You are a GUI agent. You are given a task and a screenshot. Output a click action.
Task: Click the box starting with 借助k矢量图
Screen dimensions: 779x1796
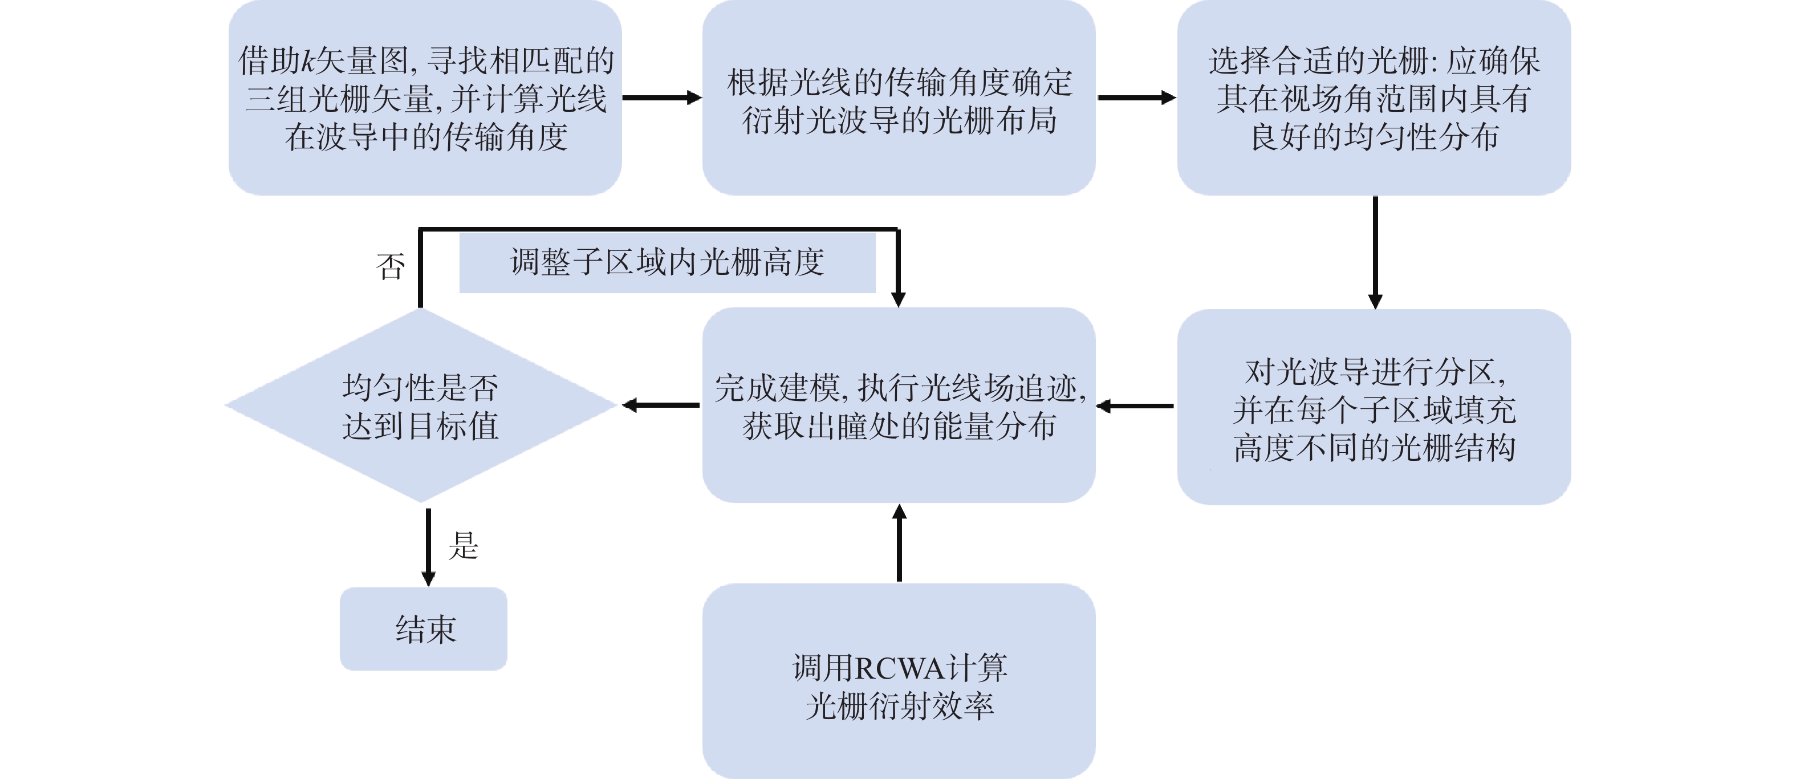[x=425, y=98]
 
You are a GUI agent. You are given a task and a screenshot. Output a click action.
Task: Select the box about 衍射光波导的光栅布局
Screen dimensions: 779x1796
[x=898, y=98]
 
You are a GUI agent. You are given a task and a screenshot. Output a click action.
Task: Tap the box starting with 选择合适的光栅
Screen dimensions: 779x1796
[x=1374, y=98]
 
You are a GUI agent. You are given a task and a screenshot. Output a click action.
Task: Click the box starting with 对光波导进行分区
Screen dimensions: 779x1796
[x=1374, y=407]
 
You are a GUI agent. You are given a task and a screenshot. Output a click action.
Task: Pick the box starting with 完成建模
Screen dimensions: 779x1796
[x=898, y=406]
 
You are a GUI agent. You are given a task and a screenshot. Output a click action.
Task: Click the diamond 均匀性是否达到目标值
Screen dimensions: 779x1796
[x=420, y=406]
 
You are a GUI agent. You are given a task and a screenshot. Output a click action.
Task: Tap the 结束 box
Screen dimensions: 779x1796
[x=424, y=629]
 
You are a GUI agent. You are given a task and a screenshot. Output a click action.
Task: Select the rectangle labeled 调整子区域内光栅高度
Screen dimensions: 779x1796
[x=667, y=263]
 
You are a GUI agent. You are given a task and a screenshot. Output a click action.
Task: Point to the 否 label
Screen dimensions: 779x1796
[x=391, y=266]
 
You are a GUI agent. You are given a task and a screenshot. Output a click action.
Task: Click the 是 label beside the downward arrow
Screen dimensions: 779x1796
[x=464, y=545]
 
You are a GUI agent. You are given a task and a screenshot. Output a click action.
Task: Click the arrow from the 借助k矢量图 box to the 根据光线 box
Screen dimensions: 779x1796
[x=661, y=98]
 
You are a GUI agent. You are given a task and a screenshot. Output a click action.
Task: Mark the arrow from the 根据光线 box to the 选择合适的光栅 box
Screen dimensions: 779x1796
[x=1136, y=98]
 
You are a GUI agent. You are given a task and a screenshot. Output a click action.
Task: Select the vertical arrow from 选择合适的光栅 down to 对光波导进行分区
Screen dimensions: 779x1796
[x=1375, y=251]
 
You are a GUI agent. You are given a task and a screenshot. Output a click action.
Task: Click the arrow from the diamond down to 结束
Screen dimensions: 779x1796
[x=428, y=547]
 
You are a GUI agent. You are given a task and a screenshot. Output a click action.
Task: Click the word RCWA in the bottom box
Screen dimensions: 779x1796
[x=899, y=669]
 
